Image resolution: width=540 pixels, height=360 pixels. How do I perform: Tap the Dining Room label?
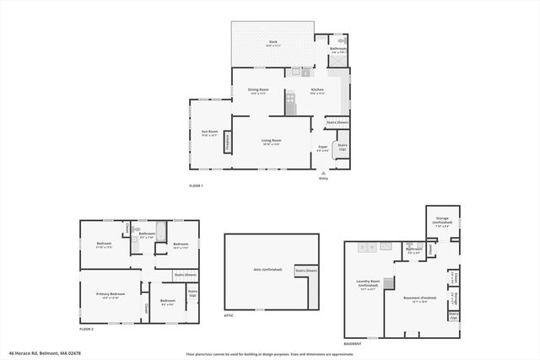pyautogui.click(x=258, y=90)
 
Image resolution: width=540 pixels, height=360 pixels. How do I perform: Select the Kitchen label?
pyautogui.click(x=317, y=90)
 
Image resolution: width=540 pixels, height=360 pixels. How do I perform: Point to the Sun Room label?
pyautogui.click(x=209, y=132)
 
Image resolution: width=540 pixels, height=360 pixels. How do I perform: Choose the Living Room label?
pyautogui.click(x=271, y=142)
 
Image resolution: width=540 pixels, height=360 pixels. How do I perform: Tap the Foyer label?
pyautogui.click(x=322, y=148)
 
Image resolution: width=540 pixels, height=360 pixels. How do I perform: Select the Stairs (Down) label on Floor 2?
pyautogui.click(x=185, y=274)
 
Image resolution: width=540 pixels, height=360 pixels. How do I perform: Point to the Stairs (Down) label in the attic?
pyautogui.click(x=305, y=271)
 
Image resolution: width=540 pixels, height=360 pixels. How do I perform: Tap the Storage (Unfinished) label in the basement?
pyautogui.click(x=442, y=223)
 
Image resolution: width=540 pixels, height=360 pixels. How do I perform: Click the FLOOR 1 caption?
pyautogui.click(x=196, y=185)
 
